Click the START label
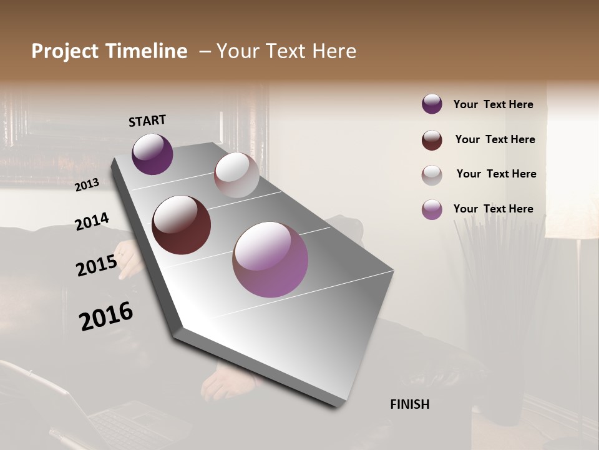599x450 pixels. click(147, 121)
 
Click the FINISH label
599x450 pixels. click(409, 404)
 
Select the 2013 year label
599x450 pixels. click(87, 185)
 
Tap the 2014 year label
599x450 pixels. click(92, 222)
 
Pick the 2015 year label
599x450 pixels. click(97, 266)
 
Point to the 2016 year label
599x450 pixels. click(106, 316)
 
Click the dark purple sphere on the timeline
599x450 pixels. click(152, 154)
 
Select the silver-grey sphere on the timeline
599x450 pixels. click(236, 175)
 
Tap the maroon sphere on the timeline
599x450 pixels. click(181, 225)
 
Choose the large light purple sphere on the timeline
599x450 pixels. click(270, 259)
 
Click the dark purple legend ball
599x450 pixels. click(432, 104)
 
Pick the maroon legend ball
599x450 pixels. click(432, 140)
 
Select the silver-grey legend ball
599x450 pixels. click(432, 175)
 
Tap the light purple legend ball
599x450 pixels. click(432, 209)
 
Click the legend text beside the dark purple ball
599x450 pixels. click(493, 104)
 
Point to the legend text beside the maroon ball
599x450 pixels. click(495, 139)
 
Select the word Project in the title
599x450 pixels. click(64, 51)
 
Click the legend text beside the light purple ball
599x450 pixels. click(493, 209)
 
